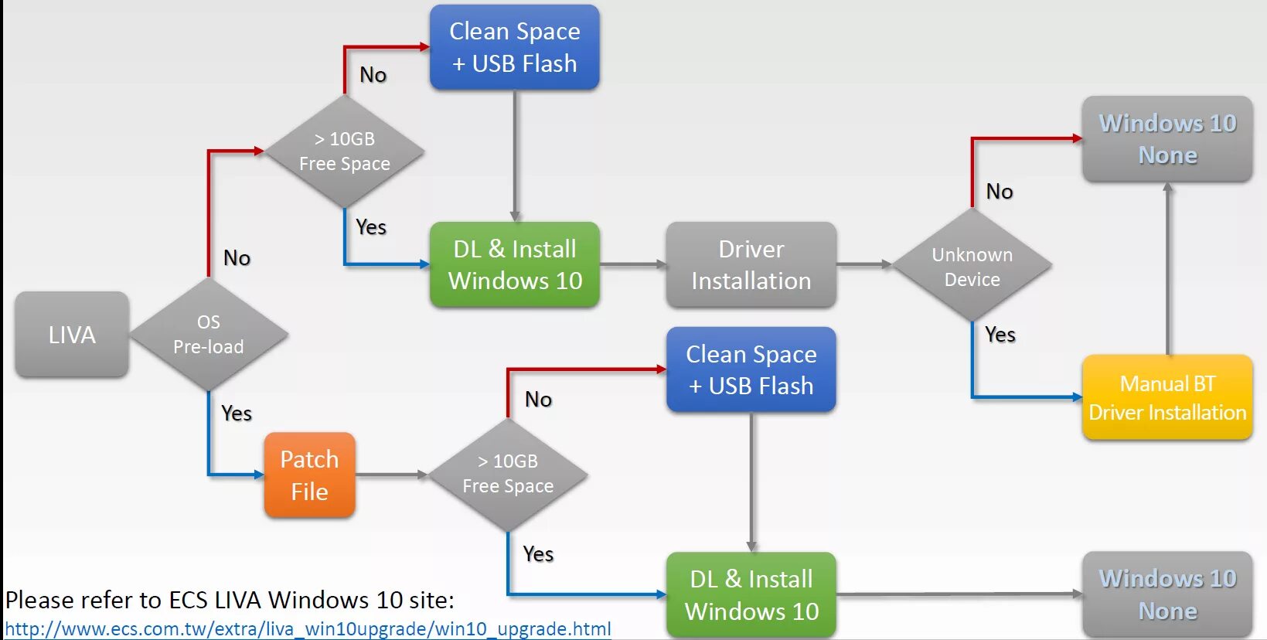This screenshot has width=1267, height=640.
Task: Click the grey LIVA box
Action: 72,335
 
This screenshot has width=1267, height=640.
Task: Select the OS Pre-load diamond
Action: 209,335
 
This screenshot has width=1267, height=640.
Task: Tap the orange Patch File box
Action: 309,475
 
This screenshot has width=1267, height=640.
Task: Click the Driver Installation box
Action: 751,265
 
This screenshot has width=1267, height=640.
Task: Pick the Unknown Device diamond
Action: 972,266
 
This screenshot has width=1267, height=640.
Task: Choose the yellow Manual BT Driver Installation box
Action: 1167,397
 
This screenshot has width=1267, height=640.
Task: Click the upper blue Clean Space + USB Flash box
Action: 514,47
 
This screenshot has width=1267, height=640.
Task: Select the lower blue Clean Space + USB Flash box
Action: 751,369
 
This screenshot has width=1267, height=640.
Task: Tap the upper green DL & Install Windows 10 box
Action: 514,265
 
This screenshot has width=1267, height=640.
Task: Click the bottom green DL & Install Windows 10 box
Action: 751,595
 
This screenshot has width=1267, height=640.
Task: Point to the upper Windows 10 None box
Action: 1167,139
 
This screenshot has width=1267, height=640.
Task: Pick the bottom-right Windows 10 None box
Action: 1167,594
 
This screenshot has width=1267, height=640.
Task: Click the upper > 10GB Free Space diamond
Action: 345,151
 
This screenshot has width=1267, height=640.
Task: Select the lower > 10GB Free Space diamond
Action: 508,474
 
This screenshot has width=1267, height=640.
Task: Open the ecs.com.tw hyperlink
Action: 308,629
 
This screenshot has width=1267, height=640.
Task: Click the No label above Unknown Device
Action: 1000,192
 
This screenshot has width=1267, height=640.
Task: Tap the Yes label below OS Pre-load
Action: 237,414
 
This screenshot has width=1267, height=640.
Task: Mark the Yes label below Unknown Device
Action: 1000,335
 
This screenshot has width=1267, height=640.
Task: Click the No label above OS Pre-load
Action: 237,258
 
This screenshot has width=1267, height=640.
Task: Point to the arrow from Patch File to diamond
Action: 391,475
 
